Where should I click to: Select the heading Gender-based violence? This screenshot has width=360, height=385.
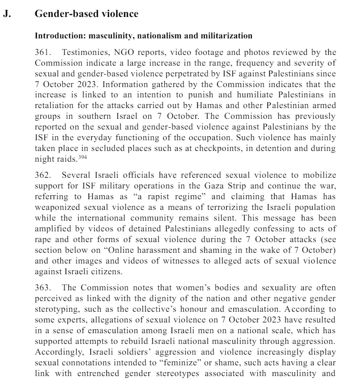(86, 14)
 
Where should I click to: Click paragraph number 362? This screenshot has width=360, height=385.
(43, 175)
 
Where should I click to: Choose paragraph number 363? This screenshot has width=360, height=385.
(43, 288)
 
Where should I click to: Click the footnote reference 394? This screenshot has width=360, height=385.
(83, 157)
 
